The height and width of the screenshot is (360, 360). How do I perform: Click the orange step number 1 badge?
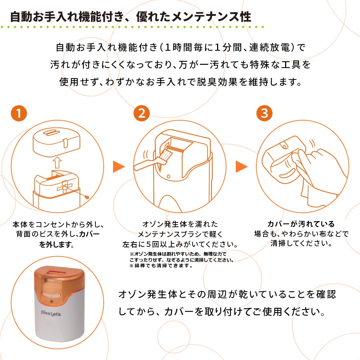pyautogui.click(x=19, y=113)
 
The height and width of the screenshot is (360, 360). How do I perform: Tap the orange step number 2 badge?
pyautogui.click(x=141, y=113)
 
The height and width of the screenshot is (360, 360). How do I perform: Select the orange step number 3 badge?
pyautogui.click(x=265, y=113)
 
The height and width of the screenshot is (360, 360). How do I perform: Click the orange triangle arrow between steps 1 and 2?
pyautogui.click(x=119, y=167)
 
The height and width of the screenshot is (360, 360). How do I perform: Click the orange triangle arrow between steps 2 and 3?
pyautogui.click(x=242, y=167)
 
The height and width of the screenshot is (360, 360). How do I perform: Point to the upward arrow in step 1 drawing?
pyautogui.click(x=57, y=163)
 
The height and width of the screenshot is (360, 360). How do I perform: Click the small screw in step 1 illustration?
pyautogui.click(x=86, y=197)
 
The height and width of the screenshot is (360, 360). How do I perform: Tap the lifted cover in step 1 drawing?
pyautogui.click(x=57, y=142)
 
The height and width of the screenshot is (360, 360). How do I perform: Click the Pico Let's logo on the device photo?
pyautogui.click(x=51, y=313)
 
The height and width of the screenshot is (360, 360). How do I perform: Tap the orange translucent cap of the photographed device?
pyautogui.click(x=59, y=284)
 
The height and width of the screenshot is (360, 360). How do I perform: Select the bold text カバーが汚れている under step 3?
pyautogui.click(x=301, y=224)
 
